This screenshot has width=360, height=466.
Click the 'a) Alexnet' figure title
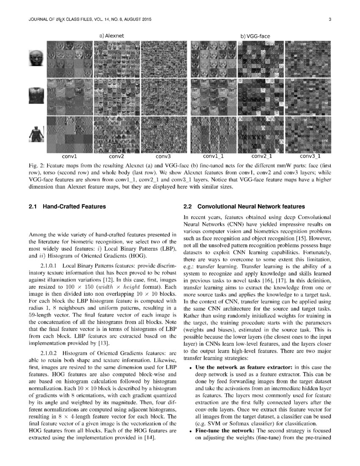click(111, 36)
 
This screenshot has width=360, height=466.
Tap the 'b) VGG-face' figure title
click(255, 36)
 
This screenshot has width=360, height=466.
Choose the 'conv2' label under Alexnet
click(116, 156)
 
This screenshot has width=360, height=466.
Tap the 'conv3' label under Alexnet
click(163, 156)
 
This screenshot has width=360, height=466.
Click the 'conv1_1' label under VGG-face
click(213, 156)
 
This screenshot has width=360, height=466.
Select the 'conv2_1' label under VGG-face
click(261, 156)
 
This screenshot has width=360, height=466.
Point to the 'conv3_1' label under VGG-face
click(309, 156)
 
